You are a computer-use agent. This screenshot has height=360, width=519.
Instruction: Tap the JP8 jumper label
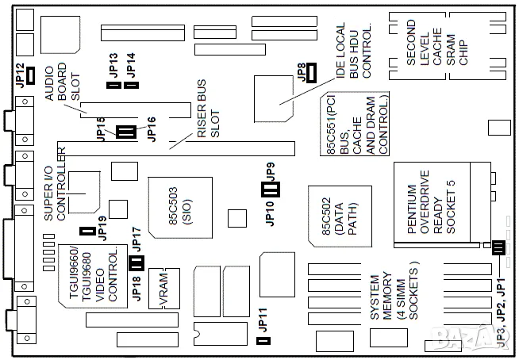point(301,73)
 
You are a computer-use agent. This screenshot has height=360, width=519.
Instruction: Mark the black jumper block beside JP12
point(31,75)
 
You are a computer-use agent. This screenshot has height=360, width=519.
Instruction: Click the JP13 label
point(113,63)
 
